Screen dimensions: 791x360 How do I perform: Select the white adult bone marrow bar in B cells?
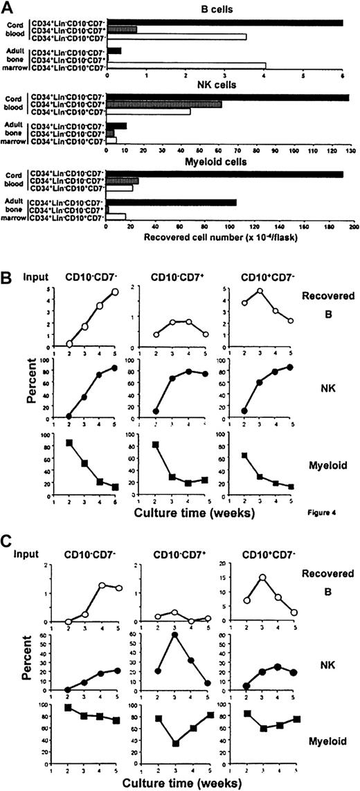(186, 66)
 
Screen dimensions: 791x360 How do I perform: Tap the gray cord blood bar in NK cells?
(163, 104)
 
